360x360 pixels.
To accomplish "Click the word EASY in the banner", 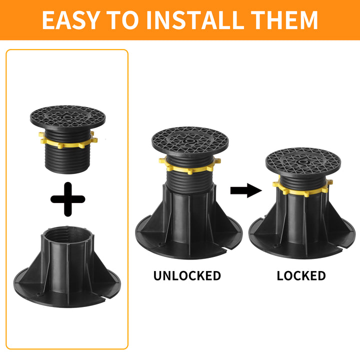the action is (71, 20).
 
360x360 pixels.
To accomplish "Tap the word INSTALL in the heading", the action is (194, 20).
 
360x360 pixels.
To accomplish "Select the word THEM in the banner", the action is (284, 20).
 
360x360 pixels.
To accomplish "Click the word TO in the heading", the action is (123, 20).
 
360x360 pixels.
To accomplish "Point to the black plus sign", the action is (68, 199).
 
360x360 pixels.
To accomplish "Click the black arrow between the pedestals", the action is (246, 190).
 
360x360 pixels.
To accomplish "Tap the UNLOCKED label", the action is (187, 275).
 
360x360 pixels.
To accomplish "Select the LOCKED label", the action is (301, 275).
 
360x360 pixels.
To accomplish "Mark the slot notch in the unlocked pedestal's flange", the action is (232, 246).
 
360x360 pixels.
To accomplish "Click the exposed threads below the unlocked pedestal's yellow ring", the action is (189, 181).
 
